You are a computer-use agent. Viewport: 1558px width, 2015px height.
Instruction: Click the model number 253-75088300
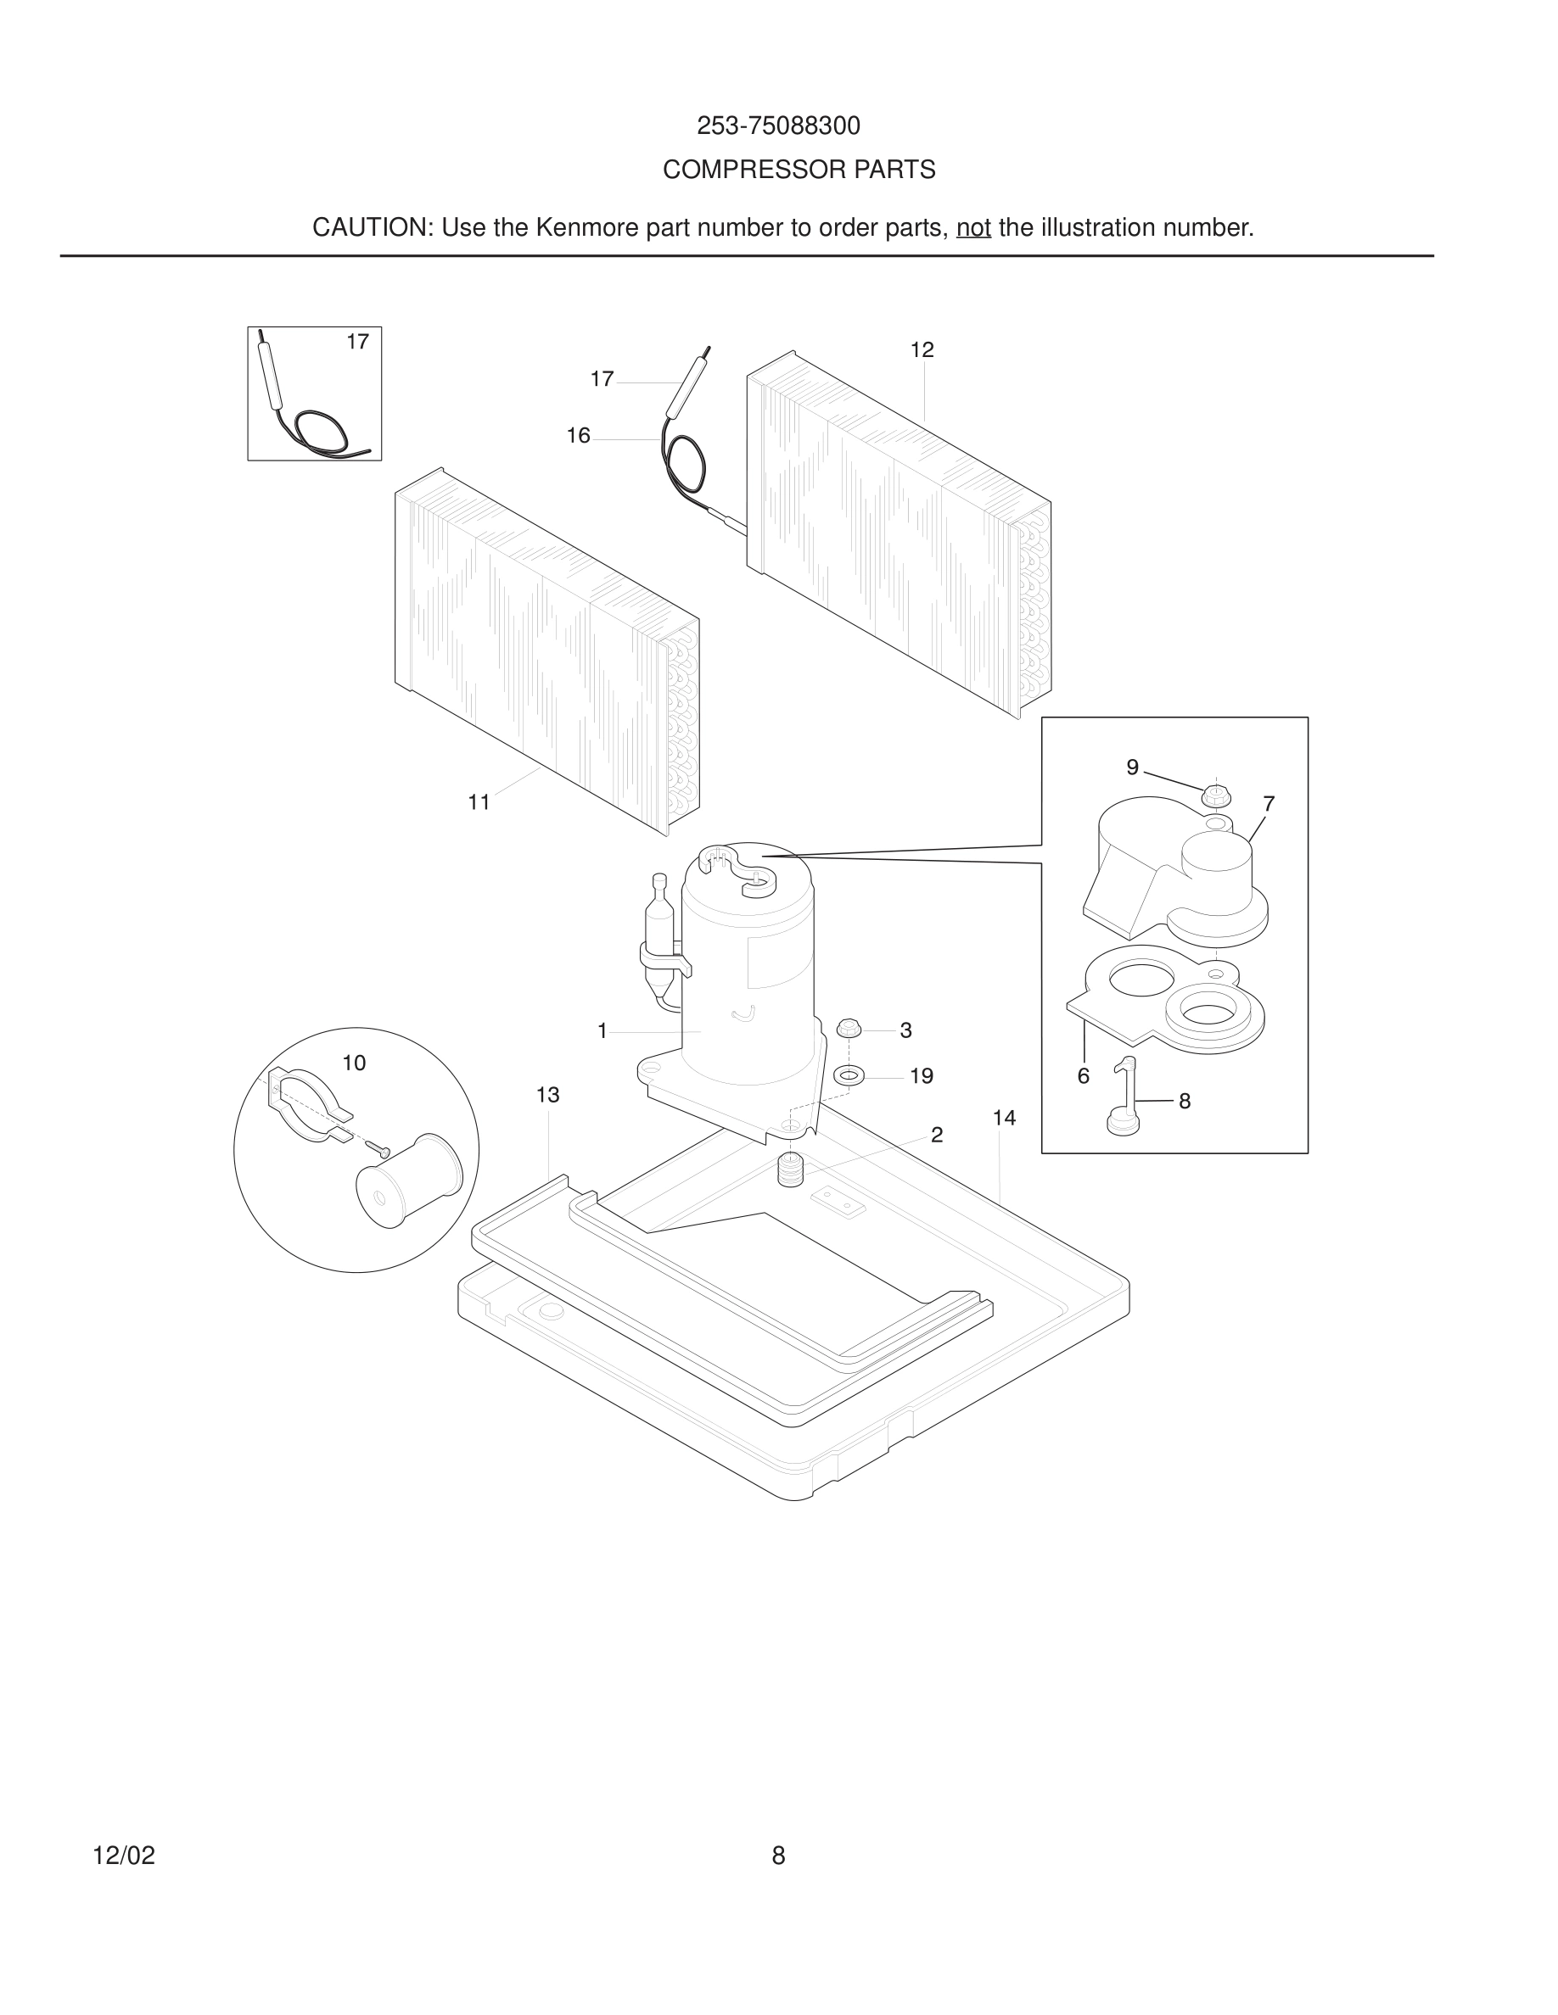click(x=778, y=126)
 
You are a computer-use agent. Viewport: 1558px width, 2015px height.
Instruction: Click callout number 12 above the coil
click(x=922, y=349)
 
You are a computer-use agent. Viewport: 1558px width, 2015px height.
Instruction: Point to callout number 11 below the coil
click(x=478, y=802)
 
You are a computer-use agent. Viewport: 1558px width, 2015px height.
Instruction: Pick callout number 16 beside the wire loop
click(x=578, y=435)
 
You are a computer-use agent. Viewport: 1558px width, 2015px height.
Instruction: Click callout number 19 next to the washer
click(x=922, y=1076)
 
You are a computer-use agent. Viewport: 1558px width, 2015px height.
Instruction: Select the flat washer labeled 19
click(x=849, y=1076)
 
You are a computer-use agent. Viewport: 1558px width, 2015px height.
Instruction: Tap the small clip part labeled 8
click(x=1124, y=1098)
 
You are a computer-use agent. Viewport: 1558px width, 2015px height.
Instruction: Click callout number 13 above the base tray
click(x=547, y=1095)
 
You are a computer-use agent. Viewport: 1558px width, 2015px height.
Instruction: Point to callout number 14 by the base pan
click(x=1003, y=1119)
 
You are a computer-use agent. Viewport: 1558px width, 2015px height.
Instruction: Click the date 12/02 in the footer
click(x=124, y=1856)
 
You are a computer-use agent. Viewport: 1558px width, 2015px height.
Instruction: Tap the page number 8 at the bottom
click(x=778, y=1856)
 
